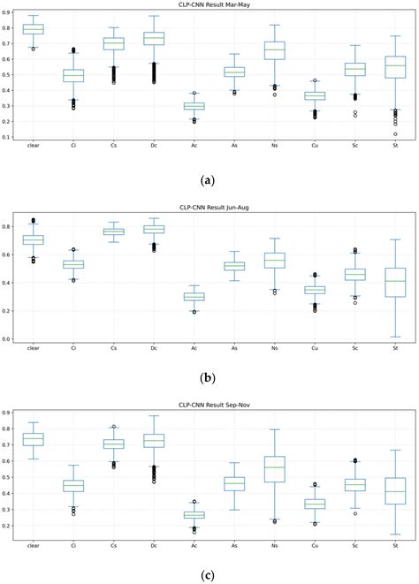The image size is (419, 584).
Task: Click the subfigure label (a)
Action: point(208,179)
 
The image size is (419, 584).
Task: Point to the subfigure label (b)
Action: point(208,377)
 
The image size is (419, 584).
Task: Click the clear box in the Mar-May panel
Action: point(33,29)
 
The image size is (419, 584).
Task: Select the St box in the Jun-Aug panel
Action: point(395,282)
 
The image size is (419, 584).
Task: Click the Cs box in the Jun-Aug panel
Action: point(113,231)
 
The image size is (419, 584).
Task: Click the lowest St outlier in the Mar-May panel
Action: point(395,134)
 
